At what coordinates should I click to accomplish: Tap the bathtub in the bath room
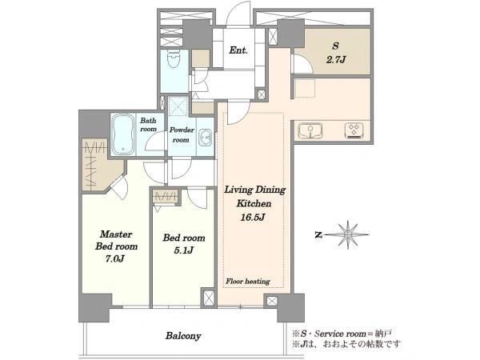pos(122,134)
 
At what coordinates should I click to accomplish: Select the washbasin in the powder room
pos(205,138)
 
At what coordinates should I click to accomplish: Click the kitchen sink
pos(310,130)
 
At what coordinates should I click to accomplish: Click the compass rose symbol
pos(348,234)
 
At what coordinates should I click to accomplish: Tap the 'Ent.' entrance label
pos(238,50)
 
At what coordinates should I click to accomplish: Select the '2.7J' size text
pos(335,59)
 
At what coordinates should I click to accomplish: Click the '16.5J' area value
pos(252,218)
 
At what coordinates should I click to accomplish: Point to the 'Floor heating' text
pos(248,282)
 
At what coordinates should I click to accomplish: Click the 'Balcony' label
pos(183,336)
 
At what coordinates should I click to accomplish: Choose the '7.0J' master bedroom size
pos(114,259)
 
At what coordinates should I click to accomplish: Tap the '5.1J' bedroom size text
pos(183,250)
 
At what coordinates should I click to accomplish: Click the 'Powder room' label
pos(182,134)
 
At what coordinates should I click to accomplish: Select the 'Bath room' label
pos(148,125)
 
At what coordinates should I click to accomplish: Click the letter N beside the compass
pos(318,235)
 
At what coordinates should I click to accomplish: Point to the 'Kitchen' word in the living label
pos(254,203)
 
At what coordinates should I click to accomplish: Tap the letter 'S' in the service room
pos(335,46)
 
